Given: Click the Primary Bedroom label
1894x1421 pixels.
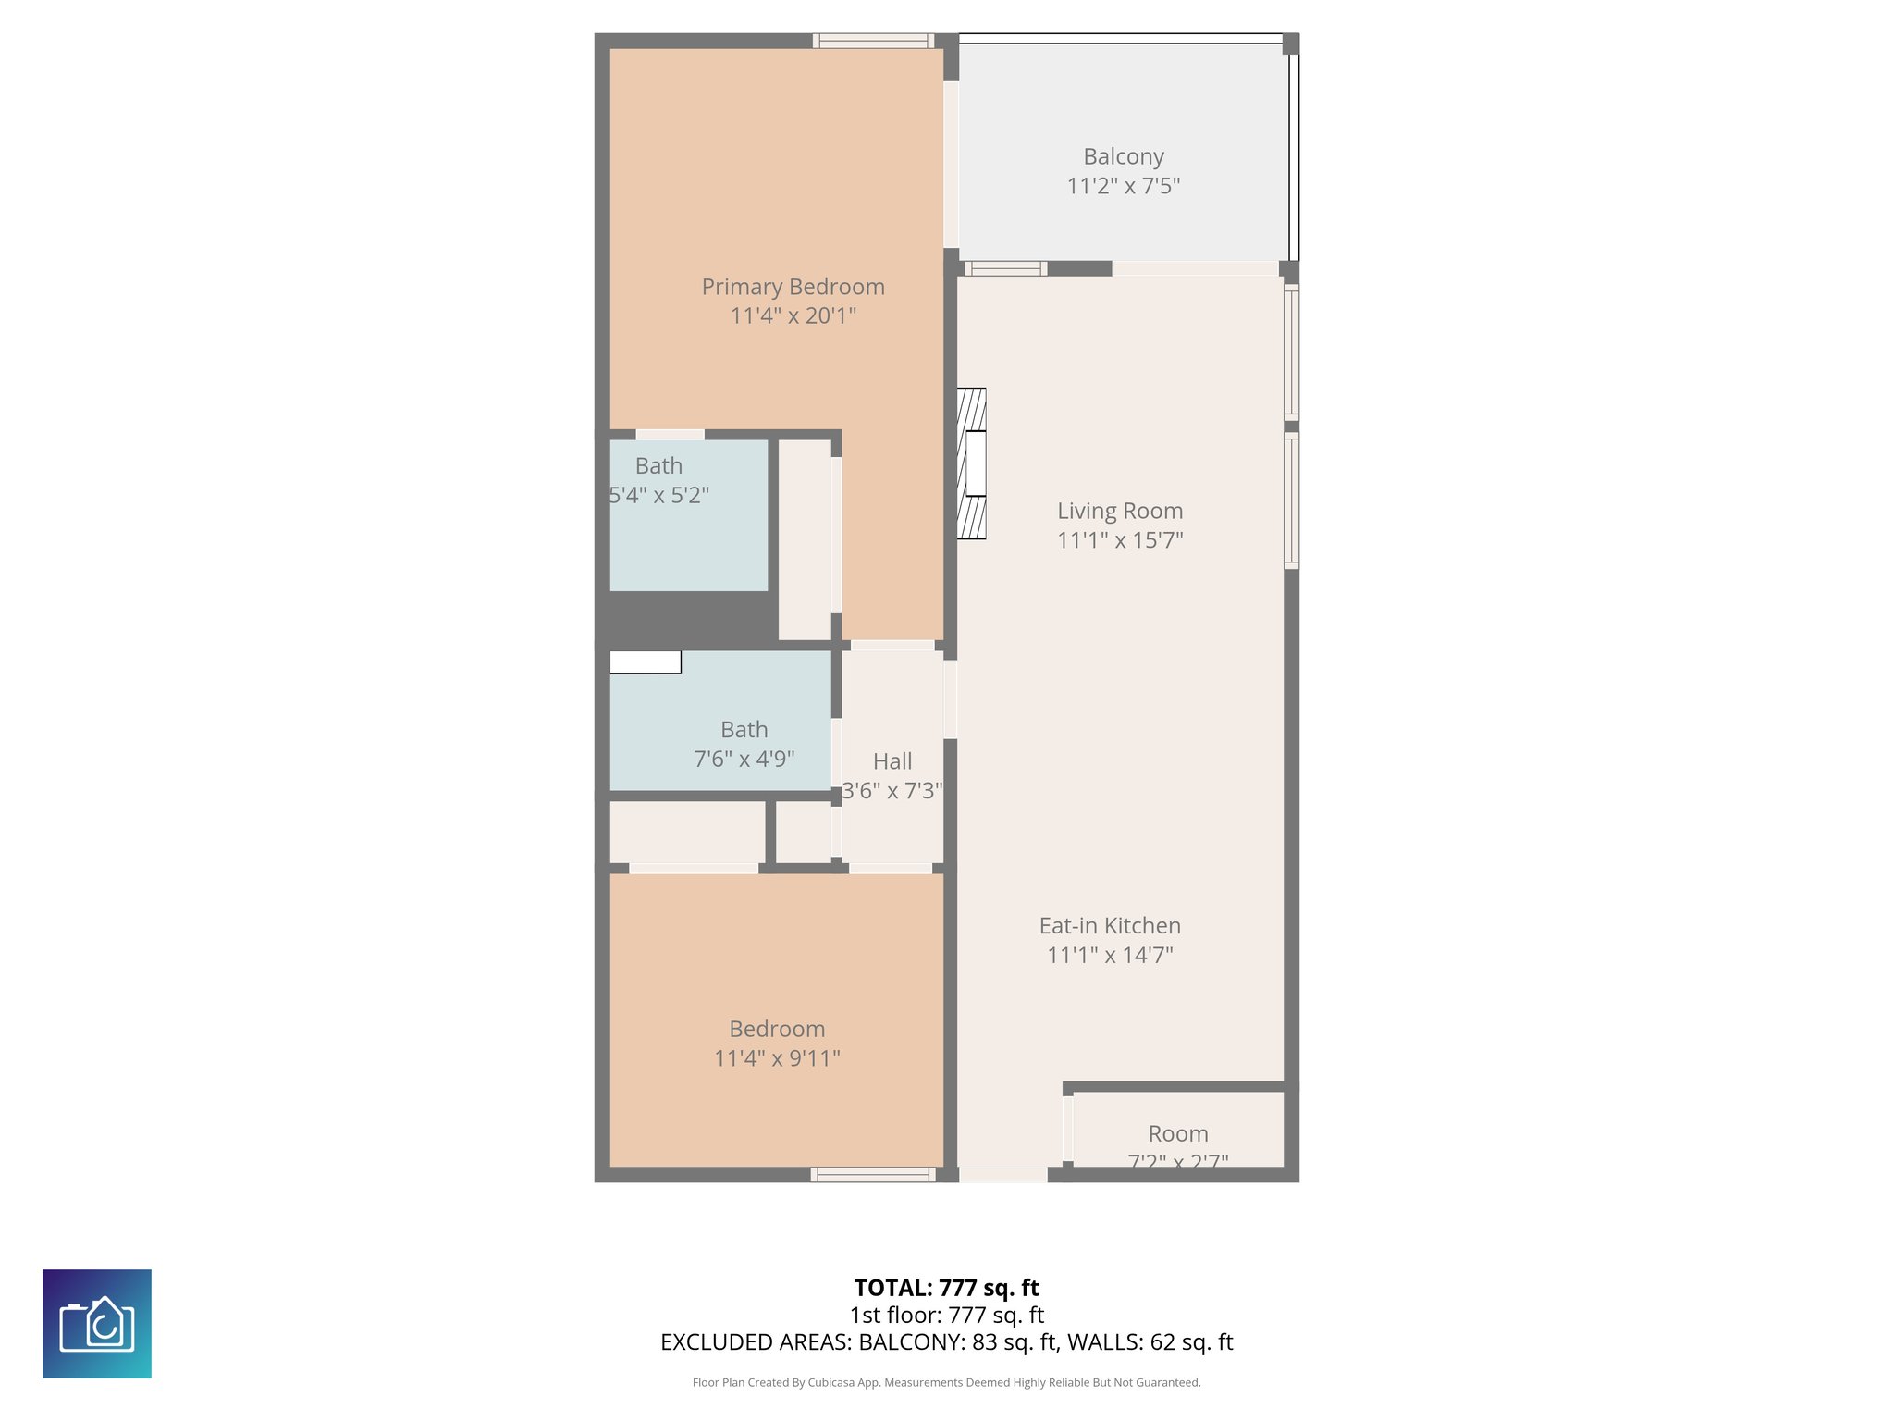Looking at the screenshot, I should [793, 287].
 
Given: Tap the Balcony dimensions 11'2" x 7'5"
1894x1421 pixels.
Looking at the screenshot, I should [1123, 186].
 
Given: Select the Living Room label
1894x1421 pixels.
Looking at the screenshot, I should [1120, 511].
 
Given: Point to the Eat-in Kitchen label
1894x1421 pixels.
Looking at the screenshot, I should [1110, 925].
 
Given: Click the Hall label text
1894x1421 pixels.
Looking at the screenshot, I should [892, 761].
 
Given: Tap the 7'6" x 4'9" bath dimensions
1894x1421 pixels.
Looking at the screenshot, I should [744, 759].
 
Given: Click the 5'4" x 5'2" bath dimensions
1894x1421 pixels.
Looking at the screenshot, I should [658, 495].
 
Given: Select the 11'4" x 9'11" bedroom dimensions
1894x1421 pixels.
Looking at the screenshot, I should [777, 1057].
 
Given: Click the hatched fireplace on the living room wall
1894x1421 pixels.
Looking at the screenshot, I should [971, 463].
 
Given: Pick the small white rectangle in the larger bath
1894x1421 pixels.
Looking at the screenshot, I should [645, 662].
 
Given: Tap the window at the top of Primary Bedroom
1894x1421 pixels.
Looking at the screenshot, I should [873, 41].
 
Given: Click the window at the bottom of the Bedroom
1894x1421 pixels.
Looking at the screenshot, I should [872, 1175].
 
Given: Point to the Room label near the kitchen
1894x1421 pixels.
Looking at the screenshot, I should [1178, 1133].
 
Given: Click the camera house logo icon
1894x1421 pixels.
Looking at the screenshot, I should [97, 1323].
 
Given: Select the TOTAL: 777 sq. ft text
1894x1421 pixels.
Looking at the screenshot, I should [946, 1288].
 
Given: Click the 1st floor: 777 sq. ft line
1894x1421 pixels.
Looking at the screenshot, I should [946, 1315].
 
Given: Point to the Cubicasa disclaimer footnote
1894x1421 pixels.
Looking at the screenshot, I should [946, 1382].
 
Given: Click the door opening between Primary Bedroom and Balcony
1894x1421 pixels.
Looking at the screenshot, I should [951, 165].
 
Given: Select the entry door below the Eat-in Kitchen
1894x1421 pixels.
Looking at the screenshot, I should [1003, 1175].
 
